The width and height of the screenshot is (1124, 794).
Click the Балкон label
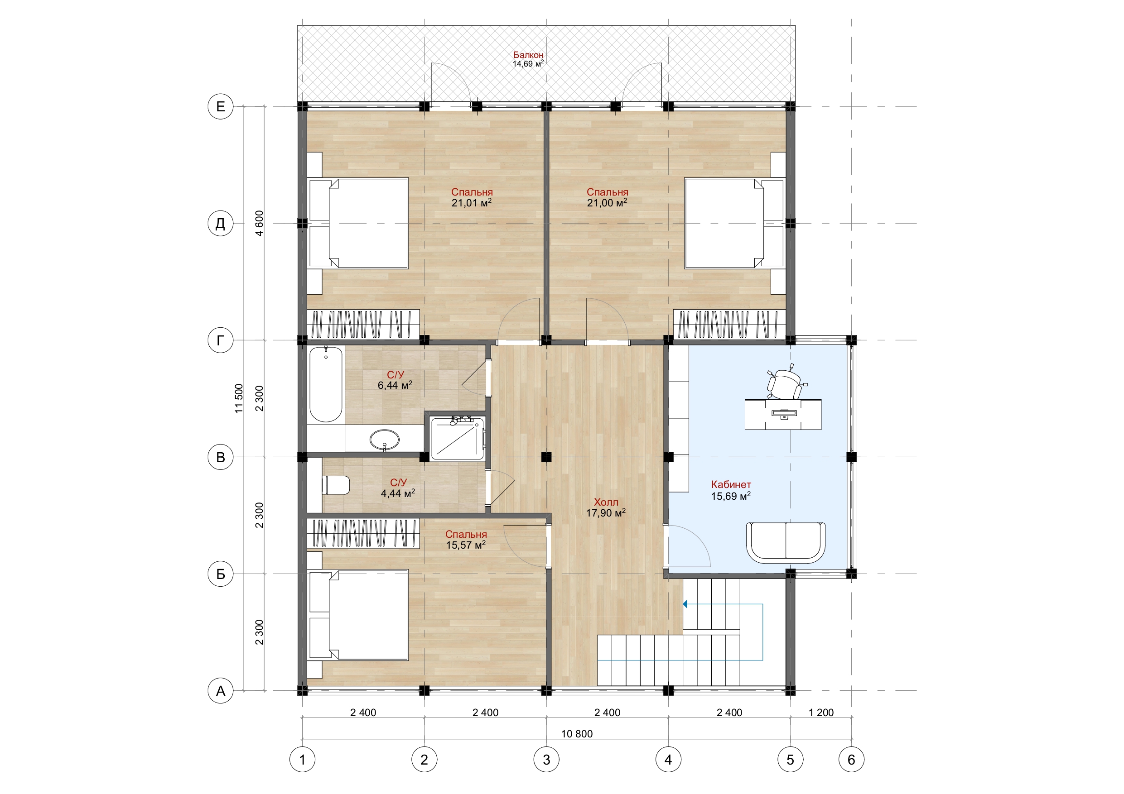click(528, 55)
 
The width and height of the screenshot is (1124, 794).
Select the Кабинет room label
click(731, 484)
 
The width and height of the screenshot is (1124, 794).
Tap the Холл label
click(606, 502)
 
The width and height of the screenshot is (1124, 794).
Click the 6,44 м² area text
click(395, 386)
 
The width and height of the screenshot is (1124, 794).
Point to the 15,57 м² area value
click(466, 545)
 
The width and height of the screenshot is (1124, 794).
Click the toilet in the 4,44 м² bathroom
click(336, 485)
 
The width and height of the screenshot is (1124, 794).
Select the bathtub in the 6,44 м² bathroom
click(326, 384)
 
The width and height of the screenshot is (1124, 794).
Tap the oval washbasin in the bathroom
click(384, 440)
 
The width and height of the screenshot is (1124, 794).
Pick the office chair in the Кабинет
click(785, 383)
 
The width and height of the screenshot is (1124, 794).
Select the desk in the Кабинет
click(783, 414)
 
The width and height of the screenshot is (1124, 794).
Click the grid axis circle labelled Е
click(221, 106)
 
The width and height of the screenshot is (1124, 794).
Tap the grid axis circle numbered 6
click(851, 760)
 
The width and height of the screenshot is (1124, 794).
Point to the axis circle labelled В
click(221, 457)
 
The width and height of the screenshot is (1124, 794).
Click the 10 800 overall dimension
click(577, 734)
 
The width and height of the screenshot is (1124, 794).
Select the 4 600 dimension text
click(259, 223)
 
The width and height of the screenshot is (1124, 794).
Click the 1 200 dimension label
click(821, 713)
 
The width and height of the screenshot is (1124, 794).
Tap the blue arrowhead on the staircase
click(685, 604)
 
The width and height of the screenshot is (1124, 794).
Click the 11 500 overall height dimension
click(238, 398)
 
